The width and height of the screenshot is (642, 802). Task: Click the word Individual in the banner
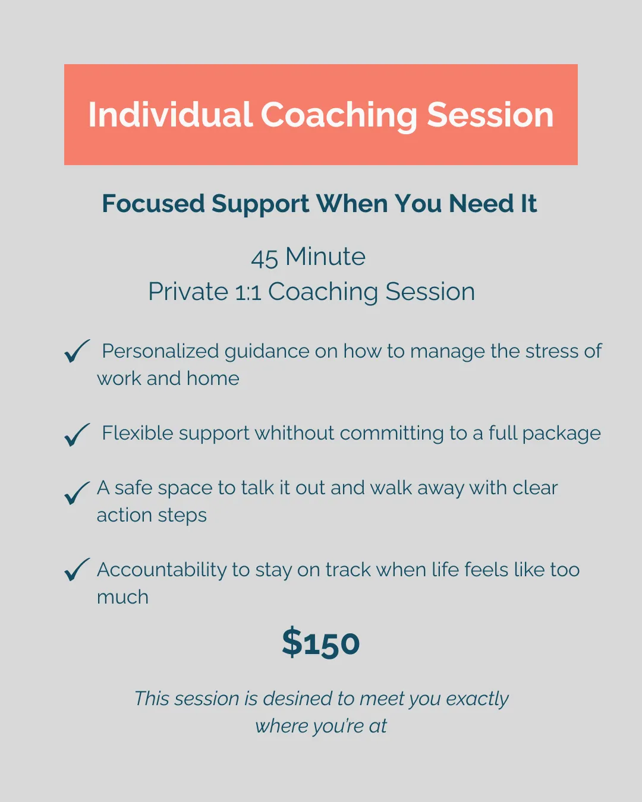click(170, 115)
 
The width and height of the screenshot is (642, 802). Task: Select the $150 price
click(321, 642)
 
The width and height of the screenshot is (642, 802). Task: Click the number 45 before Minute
click(265, 258)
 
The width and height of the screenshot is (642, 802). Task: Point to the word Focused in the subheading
click(153, 204)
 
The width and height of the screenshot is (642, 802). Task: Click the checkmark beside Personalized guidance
click(77, 351)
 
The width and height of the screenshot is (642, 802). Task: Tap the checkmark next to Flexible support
click(77, 434)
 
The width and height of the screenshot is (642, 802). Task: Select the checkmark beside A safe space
click(77, 493)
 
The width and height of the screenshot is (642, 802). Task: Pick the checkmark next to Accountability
click(77, 570)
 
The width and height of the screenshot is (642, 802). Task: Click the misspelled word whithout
click(294, 433)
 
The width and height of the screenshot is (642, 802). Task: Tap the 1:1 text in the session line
click(248, 292)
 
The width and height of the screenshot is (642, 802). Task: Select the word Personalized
click(160, 352)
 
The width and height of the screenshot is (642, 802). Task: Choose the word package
click(561, 434)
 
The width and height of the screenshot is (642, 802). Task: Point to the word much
click(122, 597)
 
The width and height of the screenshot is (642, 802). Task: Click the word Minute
click(325, 257)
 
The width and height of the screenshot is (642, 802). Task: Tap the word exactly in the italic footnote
click(477, 699)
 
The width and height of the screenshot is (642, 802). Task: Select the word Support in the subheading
click(260, 204)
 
